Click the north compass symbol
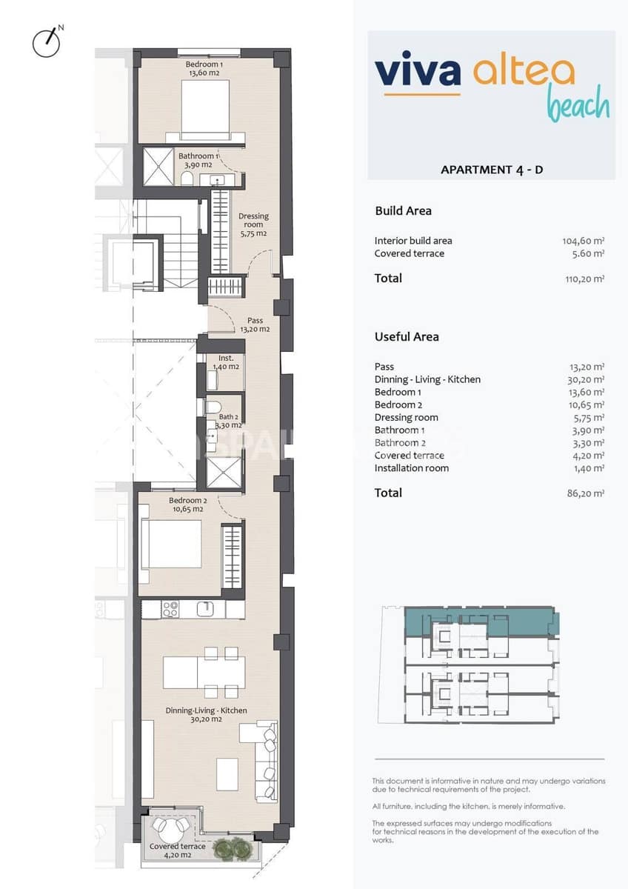click(47, 42)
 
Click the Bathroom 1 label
click(198, 161)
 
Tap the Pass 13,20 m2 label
click(255, 325)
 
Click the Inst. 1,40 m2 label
click(226, 362)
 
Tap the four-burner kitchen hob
click(170, 609)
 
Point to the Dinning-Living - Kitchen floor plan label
click(206, 715)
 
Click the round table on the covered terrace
click(171, 825)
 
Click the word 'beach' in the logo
click(578, 104)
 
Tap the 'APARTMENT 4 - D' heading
click(492, 170)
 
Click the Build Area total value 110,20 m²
click(584, 279)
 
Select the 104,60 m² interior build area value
click(584, 241)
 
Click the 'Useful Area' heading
click(407, 336)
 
